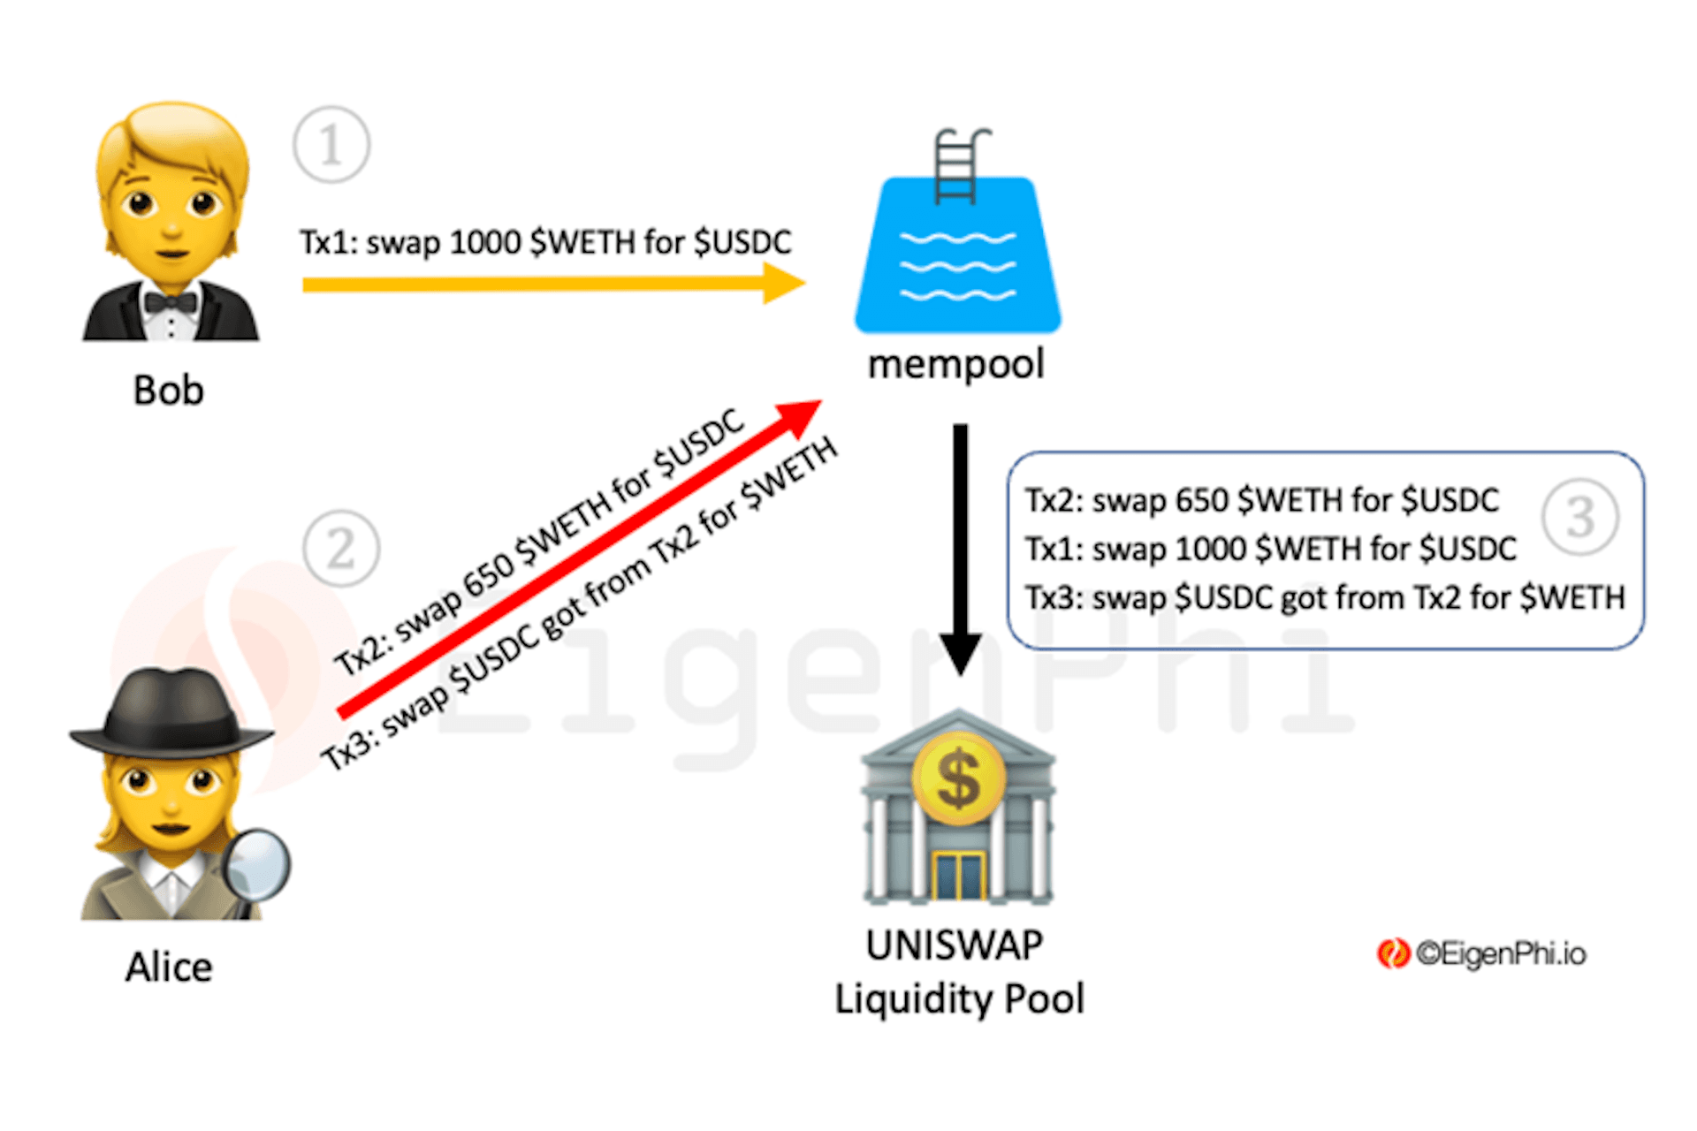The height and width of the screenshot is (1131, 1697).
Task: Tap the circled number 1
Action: (x=331, y=145)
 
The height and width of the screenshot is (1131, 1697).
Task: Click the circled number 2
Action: (x=341, y=549)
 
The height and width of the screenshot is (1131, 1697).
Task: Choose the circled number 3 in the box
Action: (x=1580, y=517)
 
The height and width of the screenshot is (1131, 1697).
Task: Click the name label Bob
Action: (x=168, y=391)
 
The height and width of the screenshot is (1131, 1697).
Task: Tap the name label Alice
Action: (x=169, y=967)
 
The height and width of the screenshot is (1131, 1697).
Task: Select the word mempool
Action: (x=956, y=364)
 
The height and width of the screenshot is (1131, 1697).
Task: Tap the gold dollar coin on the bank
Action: (x=958, y=779)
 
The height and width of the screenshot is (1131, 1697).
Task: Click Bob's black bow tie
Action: (x=171, y=303)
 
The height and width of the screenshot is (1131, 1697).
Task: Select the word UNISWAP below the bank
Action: (x=955, y=945)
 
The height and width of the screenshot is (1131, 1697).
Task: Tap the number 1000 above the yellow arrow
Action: (x=485, y=242)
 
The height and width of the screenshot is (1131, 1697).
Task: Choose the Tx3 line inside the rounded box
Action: (x=1324, y=598)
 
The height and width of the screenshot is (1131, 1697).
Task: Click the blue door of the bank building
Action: (x=958, y=876)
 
